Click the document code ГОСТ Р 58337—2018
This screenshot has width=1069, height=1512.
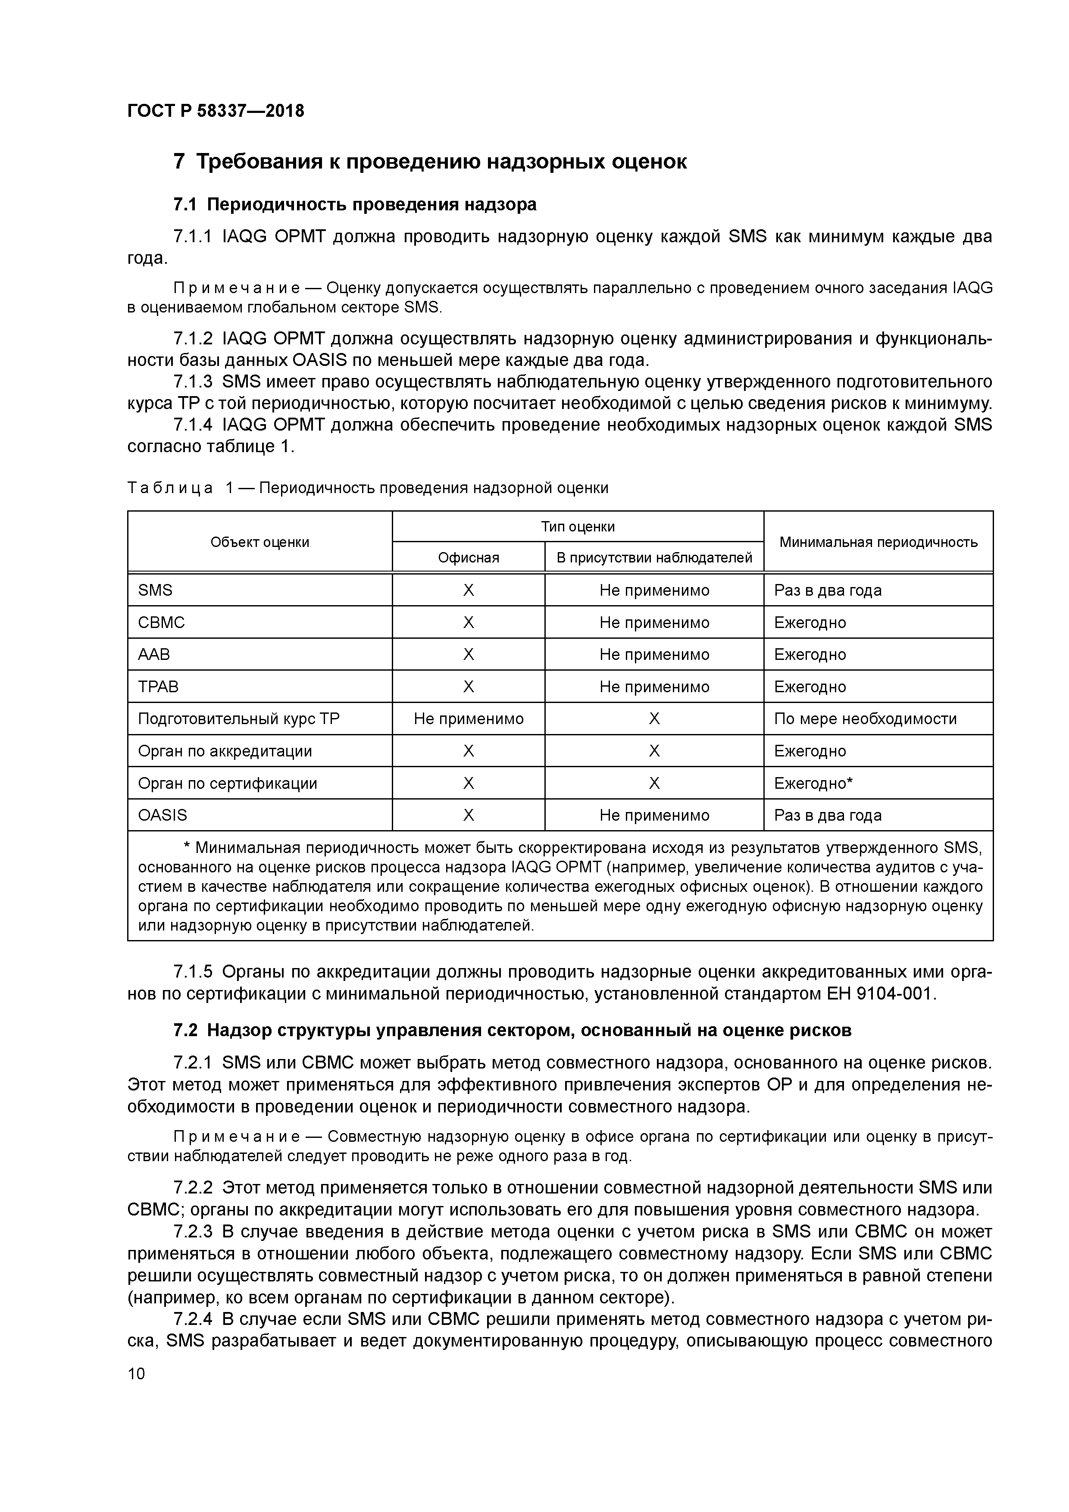216,111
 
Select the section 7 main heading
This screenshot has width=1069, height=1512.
429,161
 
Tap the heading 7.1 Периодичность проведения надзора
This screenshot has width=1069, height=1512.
354,205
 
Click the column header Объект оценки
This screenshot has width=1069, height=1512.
259,542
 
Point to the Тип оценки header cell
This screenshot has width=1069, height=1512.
578,526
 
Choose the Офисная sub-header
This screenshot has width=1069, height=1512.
468,558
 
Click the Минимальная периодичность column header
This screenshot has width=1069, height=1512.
878,542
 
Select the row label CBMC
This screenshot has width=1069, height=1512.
161,622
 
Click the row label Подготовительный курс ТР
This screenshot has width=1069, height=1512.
238,719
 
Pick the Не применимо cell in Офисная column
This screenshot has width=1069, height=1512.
468,719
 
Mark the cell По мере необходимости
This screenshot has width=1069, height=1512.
865,719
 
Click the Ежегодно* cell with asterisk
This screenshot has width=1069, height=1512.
813,783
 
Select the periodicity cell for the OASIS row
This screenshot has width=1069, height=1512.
827,815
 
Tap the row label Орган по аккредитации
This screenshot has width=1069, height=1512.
225,751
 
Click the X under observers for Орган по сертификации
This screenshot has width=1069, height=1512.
654,783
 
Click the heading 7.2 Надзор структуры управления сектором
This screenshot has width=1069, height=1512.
512,1031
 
